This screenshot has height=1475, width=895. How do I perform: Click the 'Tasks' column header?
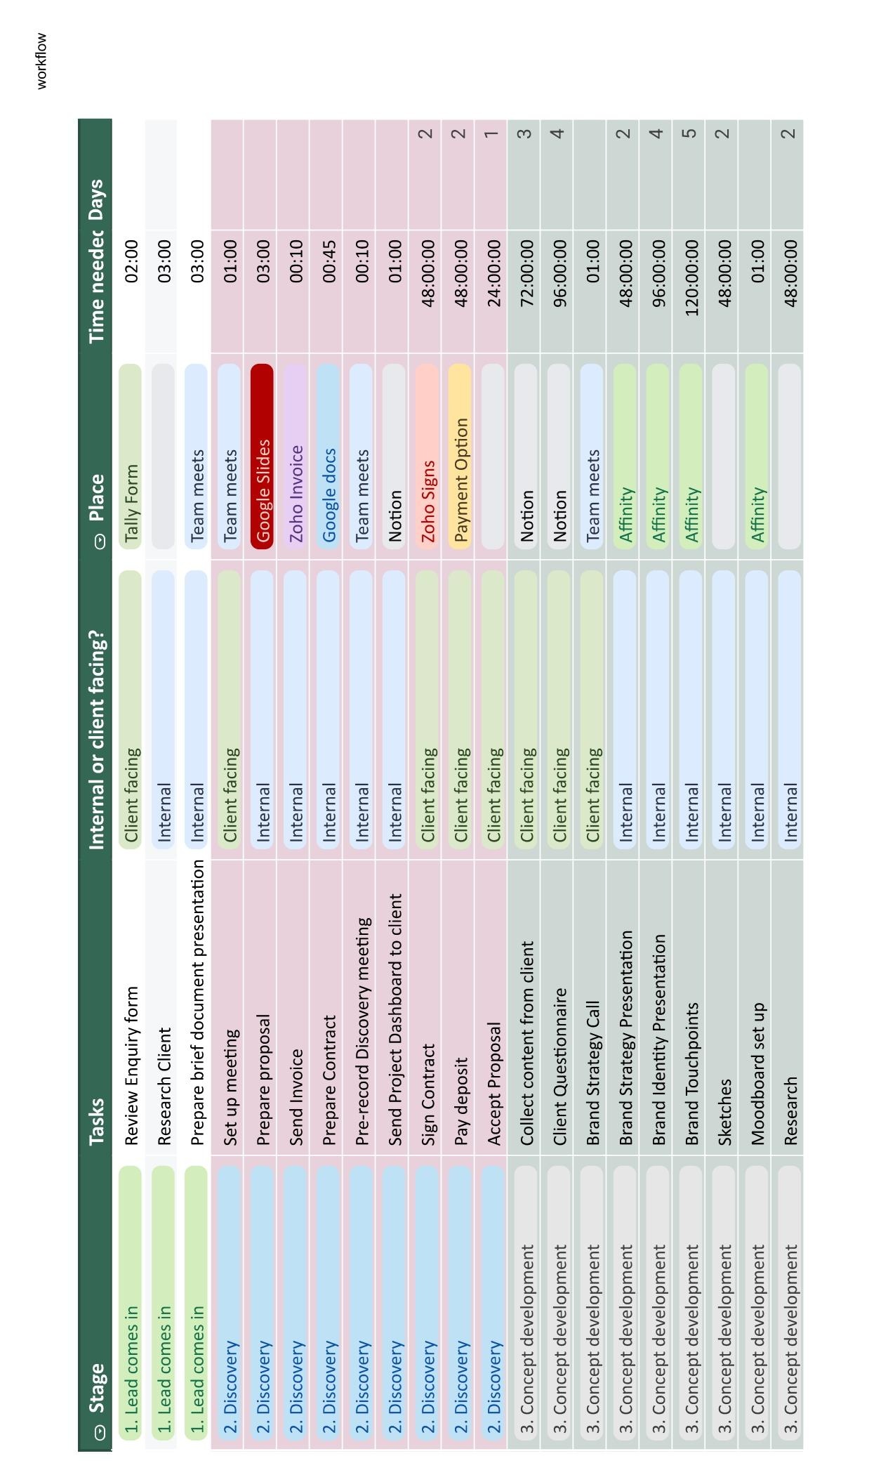(96, 1121)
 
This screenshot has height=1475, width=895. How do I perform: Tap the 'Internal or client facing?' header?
(96, 740)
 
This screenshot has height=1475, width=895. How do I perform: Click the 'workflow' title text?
(42, 61)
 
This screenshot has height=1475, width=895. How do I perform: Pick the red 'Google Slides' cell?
(262, 457)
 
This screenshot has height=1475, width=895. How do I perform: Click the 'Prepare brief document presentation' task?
(197, 1002)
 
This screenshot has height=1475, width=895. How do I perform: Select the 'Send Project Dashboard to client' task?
(395, 1020)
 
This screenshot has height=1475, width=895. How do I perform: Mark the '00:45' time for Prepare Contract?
(328, 261)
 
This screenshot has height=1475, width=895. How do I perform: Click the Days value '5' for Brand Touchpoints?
(691, 132)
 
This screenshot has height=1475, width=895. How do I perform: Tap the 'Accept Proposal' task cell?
(494, 1084)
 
